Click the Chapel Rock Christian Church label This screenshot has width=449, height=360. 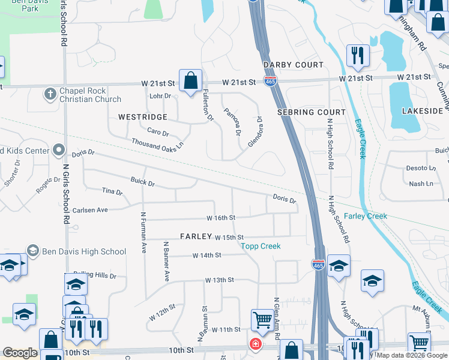tap(90, 95)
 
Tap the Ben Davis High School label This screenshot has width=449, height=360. tap(83, 251)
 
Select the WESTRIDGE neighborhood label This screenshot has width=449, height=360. tap(142, 117)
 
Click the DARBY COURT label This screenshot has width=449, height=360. tap(294, 65)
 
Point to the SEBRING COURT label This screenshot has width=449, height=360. tap(312, 112)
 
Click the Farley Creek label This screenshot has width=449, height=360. tap(366, 216)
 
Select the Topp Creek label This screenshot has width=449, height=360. tap(261, 246)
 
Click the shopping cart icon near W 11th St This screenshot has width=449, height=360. tap(262, 320)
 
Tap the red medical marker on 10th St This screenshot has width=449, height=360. tap(255, 344)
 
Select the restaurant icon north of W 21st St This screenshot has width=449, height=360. tap(358, 55)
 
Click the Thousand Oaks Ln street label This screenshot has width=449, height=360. tap(158, 145)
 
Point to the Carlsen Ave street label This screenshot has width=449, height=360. tap(90, 211)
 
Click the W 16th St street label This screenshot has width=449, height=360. tap(220, 218)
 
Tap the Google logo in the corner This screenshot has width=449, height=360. tap(20, 353)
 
